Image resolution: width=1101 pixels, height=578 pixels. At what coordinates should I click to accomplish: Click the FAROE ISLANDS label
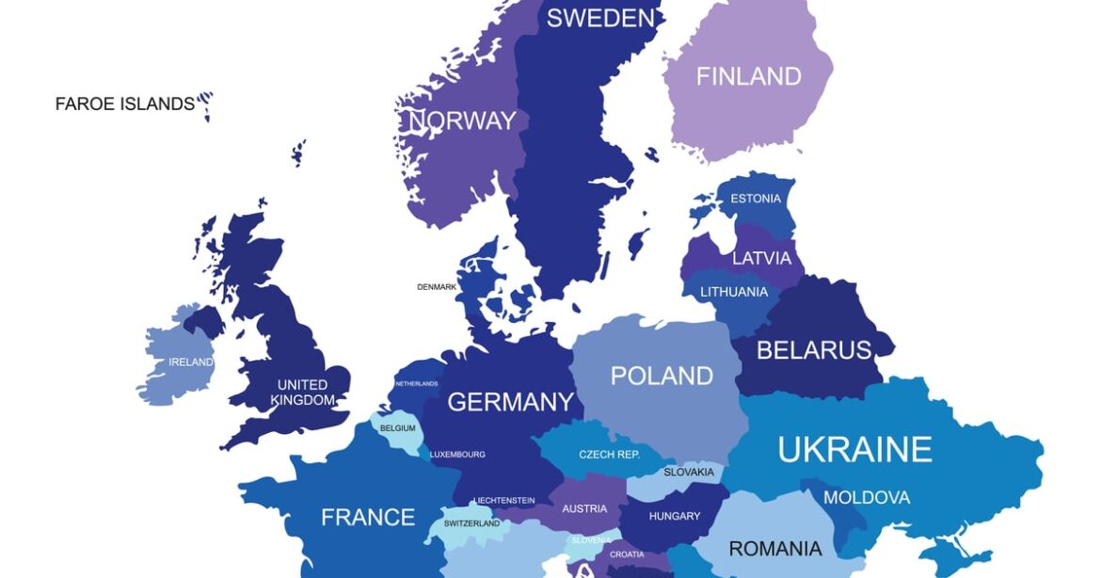pyautogui.click(x=124, y=104)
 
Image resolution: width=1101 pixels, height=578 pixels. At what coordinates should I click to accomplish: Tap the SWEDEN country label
pyautogui.click(x=600, y=18)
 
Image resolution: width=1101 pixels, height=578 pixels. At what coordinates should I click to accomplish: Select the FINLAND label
pyautogui.click(x=748, y=76)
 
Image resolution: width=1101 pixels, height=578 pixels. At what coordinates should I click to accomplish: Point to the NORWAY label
pyautogui.click(x=462, y=120)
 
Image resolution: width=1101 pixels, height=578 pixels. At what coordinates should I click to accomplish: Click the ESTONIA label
pyautogui.click(x=756, y=199)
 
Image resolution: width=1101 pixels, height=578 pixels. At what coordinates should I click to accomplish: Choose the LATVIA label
pyautogui.click(x=761, y=258)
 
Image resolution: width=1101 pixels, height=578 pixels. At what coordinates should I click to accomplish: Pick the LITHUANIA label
pyautogui.click(x=734, y=292)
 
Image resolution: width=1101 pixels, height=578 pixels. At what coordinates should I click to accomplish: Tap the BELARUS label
pyautogui.click(x=814, y=350)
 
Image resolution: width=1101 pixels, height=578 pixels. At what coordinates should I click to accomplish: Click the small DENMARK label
pyautogui.click(x=437, y=287)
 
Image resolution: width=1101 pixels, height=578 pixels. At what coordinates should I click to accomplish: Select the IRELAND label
pyautogui.click(x=190, y=362)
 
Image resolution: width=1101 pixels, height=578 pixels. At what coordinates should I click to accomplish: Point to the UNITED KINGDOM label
pyautogui.click(x=302, y=393)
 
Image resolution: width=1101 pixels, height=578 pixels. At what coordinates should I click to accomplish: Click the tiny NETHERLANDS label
pyautogui.click(x=416, y=384)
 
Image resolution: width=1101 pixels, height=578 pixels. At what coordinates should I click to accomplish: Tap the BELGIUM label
pyautogui.click(x=398, y=428)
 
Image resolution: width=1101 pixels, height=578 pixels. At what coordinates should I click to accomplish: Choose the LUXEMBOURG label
pyautogui.click(x=457, y=455)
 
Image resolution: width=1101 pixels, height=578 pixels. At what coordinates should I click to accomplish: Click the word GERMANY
pyautogui.click(x=510, y=402)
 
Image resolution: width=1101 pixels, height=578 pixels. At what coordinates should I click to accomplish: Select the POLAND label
pyautogui.click(x=662, y=376)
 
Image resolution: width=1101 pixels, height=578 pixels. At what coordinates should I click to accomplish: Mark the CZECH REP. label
pyautogui.click(x=609, y=455)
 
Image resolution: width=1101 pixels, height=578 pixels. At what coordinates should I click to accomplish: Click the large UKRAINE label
pyautogui.click(x=854, y=449)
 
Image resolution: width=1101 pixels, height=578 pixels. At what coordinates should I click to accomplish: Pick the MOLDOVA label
pyautogui.click(x=867, y=497)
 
